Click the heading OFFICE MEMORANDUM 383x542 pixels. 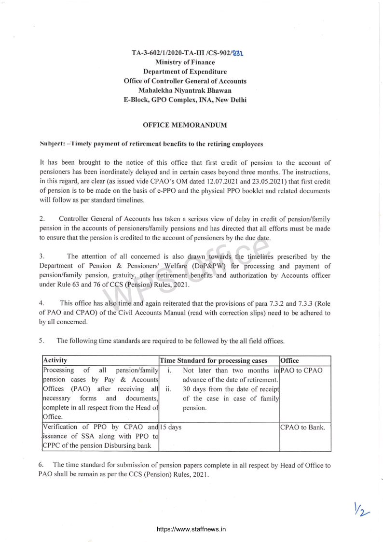point(185,125)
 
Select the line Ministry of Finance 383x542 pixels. point(185,62)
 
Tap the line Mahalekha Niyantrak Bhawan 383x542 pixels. point(185,90)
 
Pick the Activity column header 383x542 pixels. point(55,361)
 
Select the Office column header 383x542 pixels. point(289,361)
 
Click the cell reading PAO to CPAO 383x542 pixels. point(301,371)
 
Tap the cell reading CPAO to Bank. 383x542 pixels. point(302,427)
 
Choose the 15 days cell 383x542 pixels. point(170,427)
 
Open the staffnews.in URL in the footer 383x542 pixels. point(191,529)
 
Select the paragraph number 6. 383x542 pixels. point(42,465)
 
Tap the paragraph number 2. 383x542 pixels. point(42,219)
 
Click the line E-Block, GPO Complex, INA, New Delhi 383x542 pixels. point(185,100)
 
